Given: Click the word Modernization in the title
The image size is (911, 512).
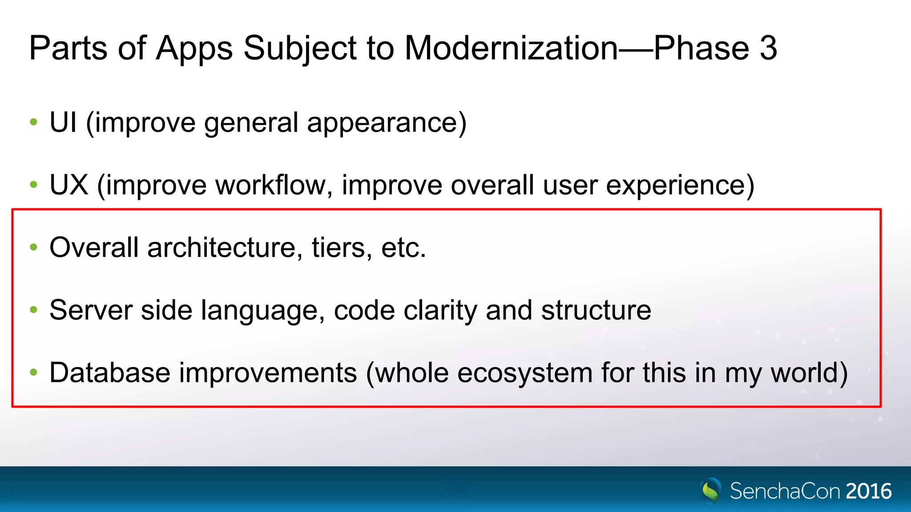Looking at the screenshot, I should point(511,48).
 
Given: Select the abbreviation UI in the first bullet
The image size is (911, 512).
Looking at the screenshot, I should point(63,122).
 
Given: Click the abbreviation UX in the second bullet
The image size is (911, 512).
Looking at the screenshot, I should point(69,185).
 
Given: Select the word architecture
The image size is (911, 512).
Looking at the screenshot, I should point(222,248).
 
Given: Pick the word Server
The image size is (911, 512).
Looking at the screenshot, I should point(91,310).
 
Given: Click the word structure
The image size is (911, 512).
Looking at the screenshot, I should point(596,310).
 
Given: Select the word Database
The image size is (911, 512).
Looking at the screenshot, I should point(109,372).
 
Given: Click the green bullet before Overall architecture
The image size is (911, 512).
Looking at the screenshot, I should point(33,247).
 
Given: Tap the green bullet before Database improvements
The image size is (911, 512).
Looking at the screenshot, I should point(33,372).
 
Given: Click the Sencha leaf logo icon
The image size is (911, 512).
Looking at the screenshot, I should point(710,490).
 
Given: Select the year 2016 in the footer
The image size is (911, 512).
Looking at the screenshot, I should point(868,491).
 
